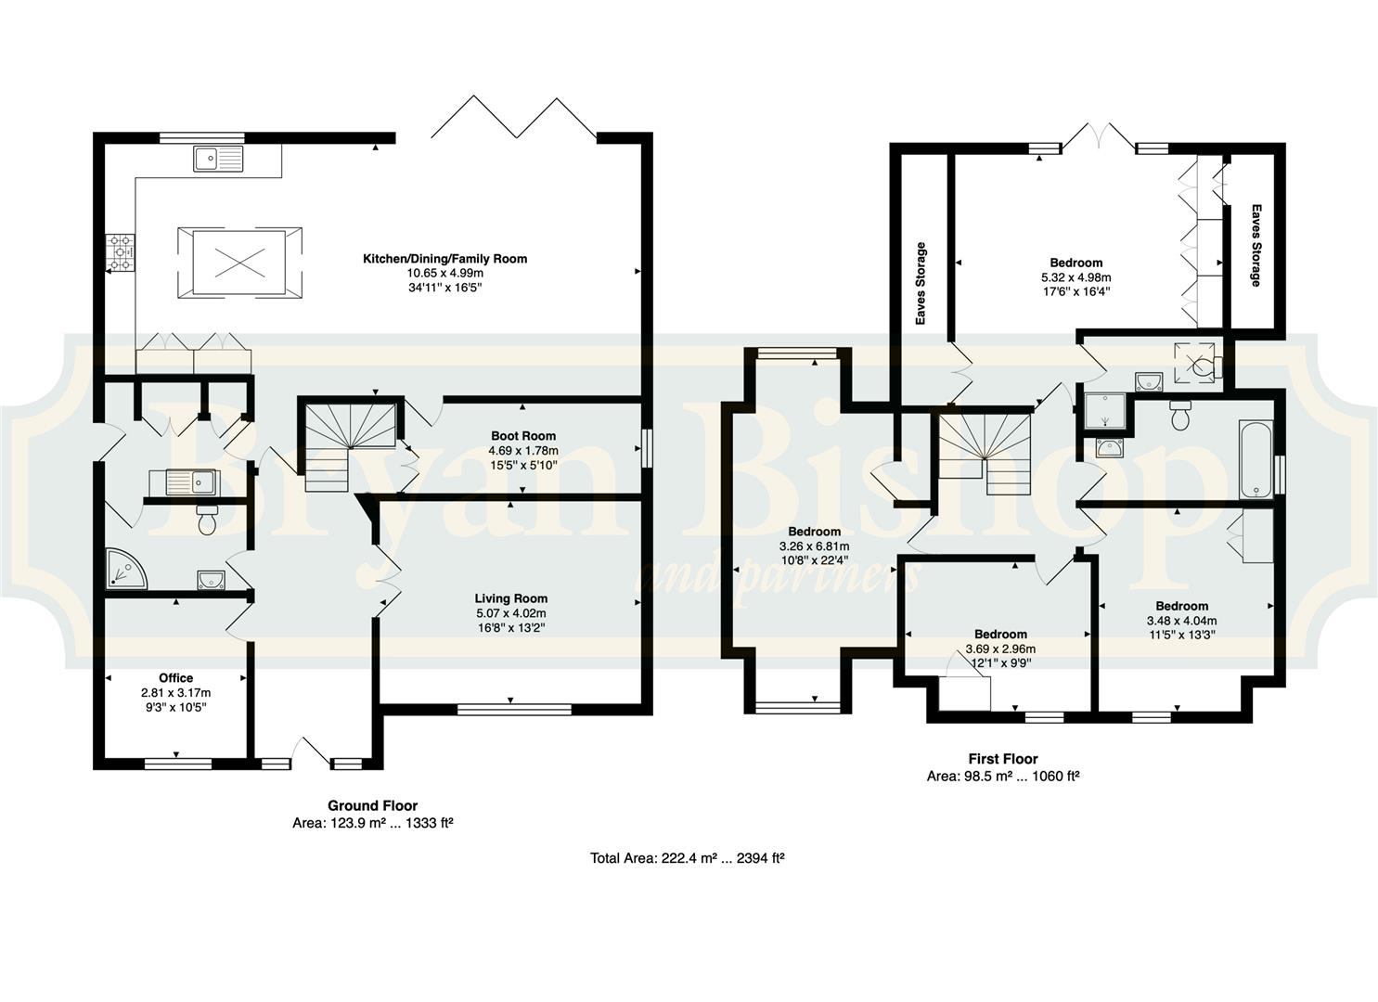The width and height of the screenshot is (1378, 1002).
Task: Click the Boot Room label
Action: click(523, 436)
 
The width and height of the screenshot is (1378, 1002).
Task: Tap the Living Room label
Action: click(510, 598)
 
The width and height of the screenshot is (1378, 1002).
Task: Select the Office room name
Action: click(176, 678)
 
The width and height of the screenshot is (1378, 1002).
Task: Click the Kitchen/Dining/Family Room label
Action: click(444, 259)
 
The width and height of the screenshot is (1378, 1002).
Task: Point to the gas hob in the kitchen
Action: click(121, 252)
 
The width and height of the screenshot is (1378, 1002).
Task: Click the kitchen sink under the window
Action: click(218, 159)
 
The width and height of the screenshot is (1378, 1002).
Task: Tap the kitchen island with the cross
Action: click(240, 263)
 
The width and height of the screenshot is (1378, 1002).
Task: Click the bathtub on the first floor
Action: click(1256, 459)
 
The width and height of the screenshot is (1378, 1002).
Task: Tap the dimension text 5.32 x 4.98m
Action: click(1075, 277)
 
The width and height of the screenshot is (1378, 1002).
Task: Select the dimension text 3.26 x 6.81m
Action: click(814, 546)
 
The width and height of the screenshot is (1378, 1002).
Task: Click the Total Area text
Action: click(688, 858)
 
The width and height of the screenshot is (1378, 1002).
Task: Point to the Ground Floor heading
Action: click(372, 806)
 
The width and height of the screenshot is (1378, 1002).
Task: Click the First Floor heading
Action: click(1003, 759)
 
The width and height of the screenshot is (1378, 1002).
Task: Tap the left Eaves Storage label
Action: click(921, 284)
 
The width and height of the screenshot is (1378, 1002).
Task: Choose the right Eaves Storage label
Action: click(1256, 246)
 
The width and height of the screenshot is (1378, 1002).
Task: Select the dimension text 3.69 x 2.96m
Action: click(1000, 649)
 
